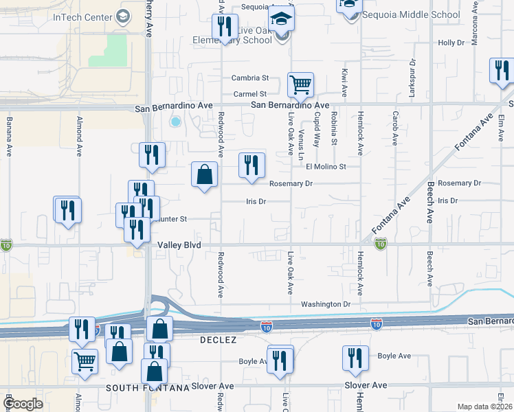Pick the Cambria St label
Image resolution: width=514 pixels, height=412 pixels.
(x=249, y=78)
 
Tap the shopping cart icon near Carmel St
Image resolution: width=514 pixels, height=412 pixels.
(x=300, y=86)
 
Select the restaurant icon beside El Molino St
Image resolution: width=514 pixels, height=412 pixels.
(x=252, y=165)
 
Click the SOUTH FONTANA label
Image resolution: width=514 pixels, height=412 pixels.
(x=148, y=388)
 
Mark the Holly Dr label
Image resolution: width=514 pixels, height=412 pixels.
(x=451, y=43)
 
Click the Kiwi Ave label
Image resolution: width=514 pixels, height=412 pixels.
(x=343, y=82)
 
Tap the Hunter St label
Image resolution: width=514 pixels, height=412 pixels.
(x=173, y=219)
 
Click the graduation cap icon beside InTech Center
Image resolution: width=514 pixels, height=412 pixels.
(x=124, y=16)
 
